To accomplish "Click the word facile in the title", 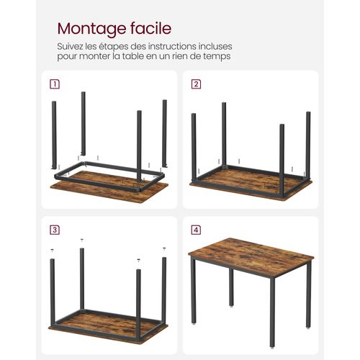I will click(x=148, y=29).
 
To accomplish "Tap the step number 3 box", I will click(x=55, y=230).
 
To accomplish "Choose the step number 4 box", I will click(x=196, y=230).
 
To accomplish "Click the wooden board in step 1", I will click(x=108, y=189).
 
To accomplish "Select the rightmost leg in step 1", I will click(x=164, y=133).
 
